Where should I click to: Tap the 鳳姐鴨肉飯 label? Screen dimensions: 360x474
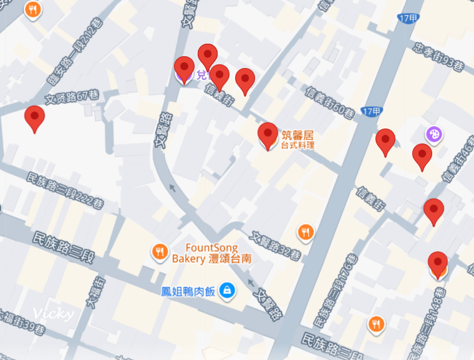coord(188,291)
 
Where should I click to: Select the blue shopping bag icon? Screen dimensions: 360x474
coord(227,290)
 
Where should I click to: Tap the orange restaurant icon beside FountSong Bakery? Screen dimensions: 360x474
coord(160,252)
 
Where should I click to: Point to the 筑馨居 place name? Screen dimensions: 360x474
coord(297,134)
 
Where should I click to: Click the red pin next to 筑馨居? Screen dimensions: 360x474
coord(268,134)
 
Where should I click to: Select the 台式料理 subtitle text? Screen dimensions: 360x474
coord(297,145)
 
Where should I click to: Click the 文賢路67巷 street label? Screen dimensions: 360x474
coord(72,97)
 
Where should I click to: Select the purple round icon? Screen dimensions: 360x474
coord(434,134)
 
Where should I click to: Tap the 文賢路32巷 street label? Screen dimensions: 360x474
coord(276,246)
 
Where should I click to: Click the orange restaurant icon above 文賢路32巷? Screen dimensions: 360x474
coord(305,232)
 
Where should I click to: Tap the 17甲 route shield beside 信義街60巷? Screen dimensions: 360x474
coord(371,112)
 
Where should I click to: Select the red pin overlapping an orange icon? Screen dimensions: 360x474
coord(438,263)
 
